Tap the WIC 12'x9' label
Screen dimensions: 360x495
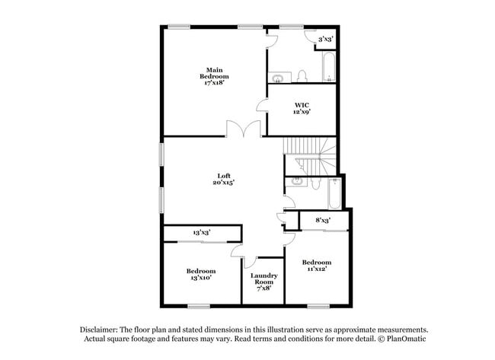tap(302, 107)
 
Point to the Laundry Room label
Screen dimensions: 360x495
tap(263, 281)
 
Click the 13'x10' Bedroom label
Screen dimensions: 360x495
tap(200, 274)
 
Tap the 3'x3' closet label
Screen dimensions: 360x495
tap(325, 38)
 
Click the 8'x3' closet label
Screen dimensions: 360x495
tap(323, 221)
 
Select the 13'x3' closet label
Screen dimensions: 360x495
tap(202, 232)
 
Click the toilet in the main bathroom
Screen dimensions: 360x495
tap(302, 75)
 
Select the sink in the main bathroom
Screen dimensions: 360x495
tap(278, 77)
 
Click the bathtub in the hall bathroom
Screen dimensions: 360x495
tap(334, 193)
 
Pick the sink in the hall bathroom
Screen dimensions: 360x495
tap(294, 183)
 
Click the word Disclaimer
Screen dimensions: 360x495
tap(101, 329)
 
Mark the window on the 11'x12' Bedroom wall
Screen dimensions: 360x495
tap(318, 307)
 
